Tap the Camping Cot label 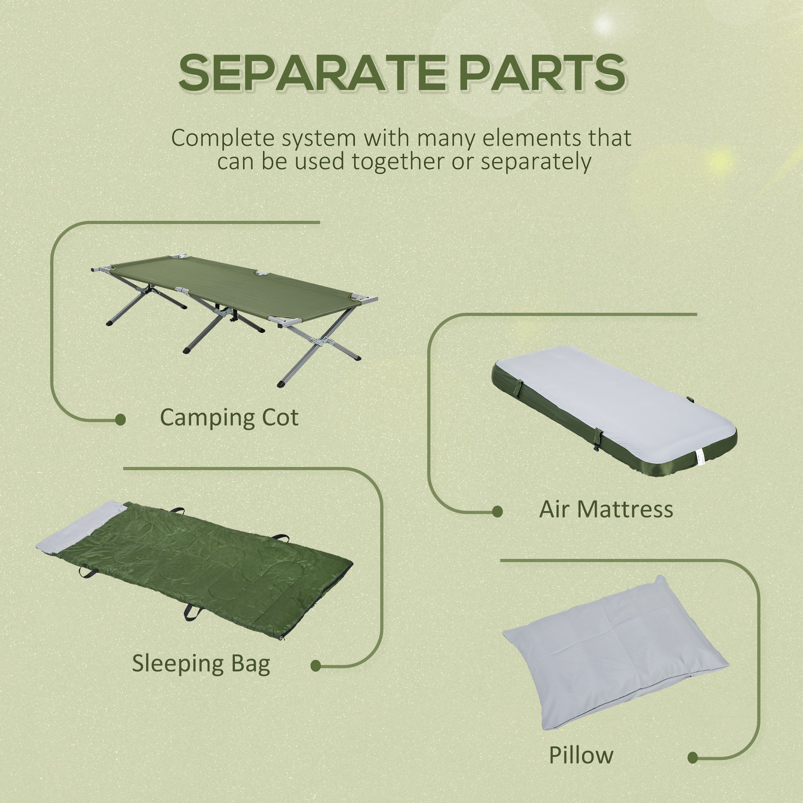pyautogui.click(x=229, y=417)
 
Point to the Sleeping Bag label pyautogui.click(x=201, y=664)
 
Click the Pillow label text pyautogui.click(x=581, y=744)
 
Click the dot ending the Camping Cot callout pyautogui.click(x=120, y=420)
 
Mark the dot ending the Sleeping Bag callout pyautogui.click(x=316, y=666)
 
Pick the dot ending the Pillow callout pyautogui.click(x=693, y=746)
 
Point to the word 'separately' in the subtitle pyautogui.click(x=536, y=161)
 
